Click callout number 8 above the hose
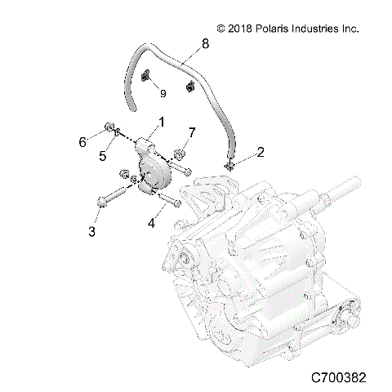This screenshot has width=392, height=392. click(x=204, y=44)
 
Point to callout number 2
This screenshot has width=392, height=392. click(x=238, y=151)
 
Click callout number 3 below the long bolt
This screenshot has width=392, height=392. click(x=92, y=232)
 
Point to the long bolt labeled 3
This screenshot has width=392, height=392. click(x=111, y=197)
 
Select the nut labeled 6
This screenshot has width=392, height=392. click(x=109, y=127)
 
